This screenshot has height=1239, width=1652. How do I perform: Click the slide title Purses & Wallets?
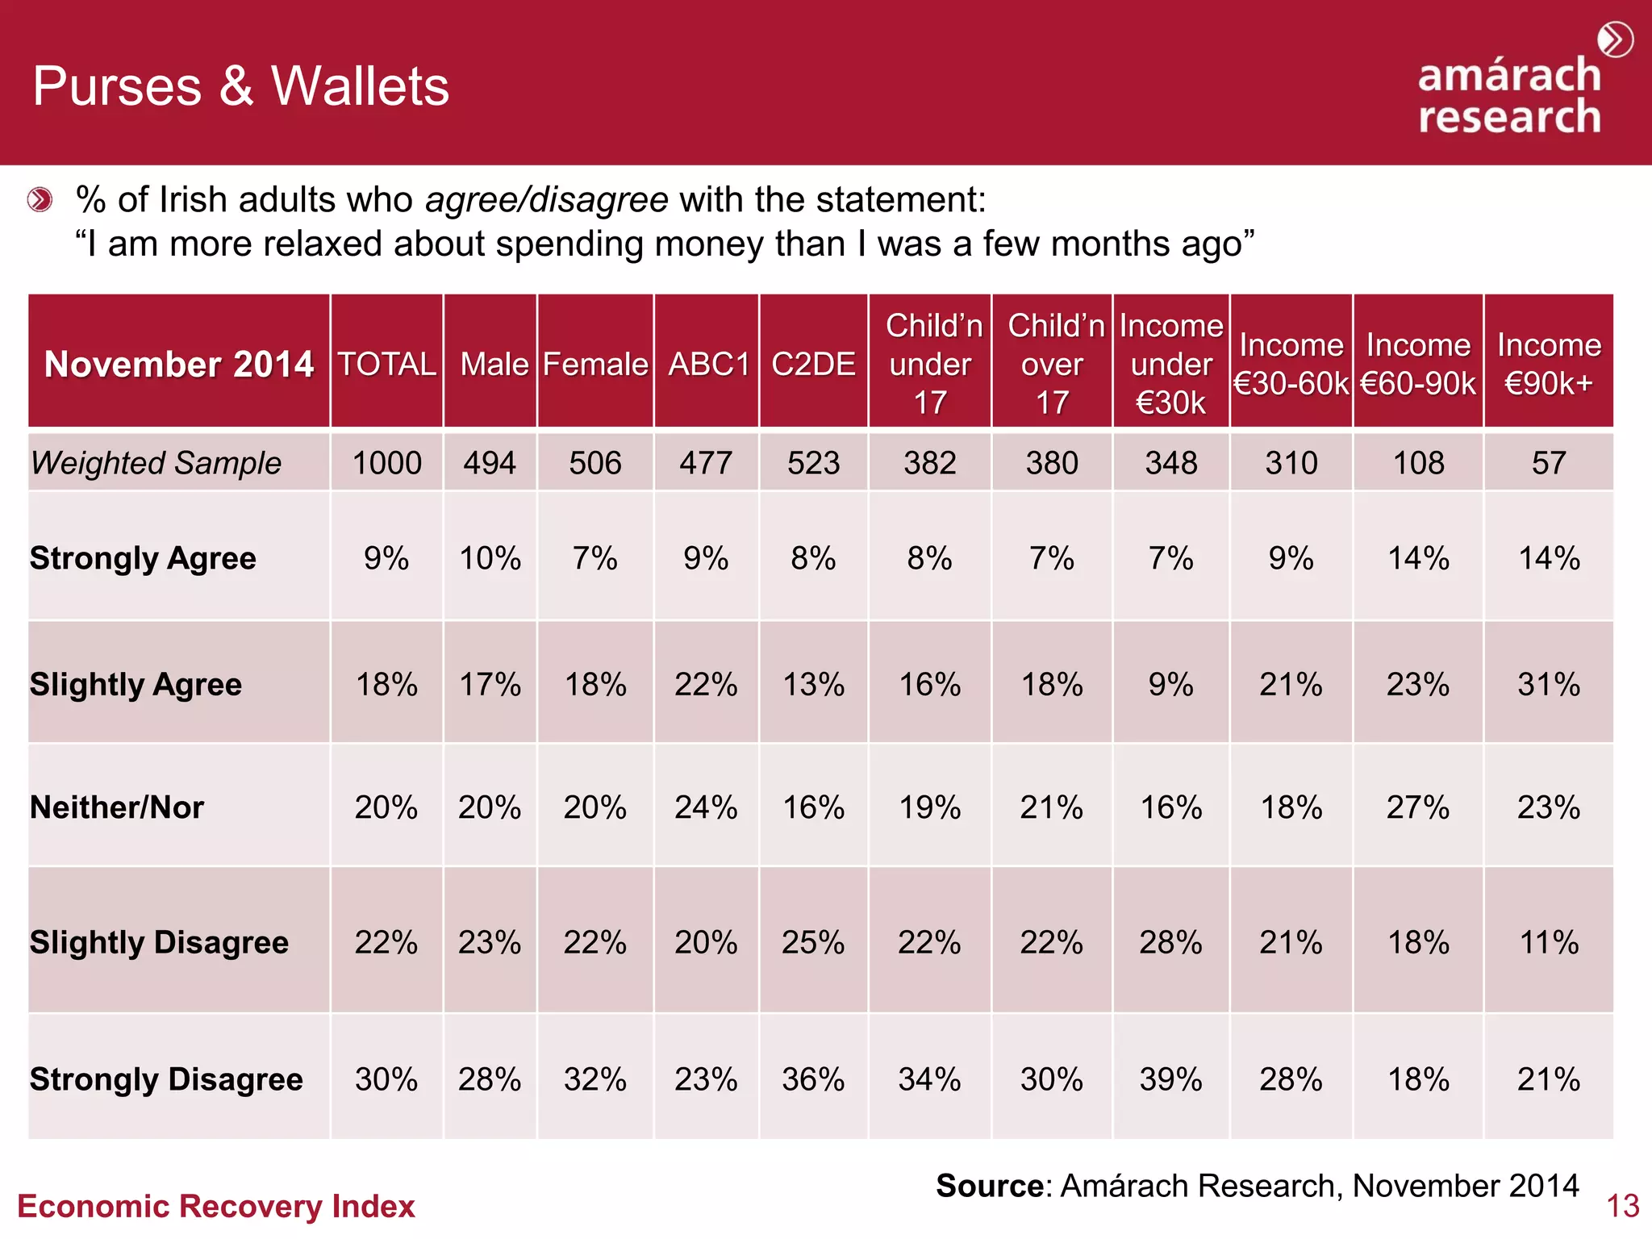point(240,86)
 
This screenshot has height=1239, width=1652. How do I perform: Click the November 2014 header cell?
point(178,364)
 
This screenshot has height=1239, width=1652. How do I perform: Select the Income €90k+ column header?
point(1548,364)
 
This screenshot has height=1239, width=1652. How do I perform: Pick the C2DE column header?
point(813,364)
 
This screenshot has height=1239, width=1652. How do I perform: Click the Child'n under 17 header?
point(930,364)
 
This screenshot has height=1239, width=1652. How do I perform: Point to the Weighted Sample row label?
point(156,463)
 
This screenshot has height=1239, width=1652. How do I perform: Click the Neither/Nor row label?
point(117,807)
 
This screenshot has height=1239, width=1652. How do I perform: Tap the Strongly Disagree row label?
point(166,1079)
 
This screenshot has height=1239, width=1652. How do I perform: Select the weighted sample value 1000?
point(386,463)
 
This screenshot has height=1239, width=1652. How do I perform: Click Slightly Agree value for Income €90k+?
point(1548,685)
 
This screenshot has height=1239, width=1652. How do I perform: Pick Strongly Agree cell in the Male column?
point(490,558)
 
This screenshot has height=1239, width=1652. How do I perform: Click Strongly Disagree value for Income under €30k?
point(1170,1079)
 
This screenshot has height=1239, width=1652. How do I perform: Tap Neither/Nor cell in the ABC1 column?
point(706,807)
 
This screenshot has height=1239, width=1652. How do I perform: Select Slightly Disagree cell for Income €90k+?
point(1548,942)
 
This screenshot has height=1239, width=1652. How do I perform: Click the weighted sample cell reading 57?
point(1548,463)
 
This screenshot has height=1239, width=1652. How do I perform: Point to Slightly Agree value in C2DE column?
point(813,685)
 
